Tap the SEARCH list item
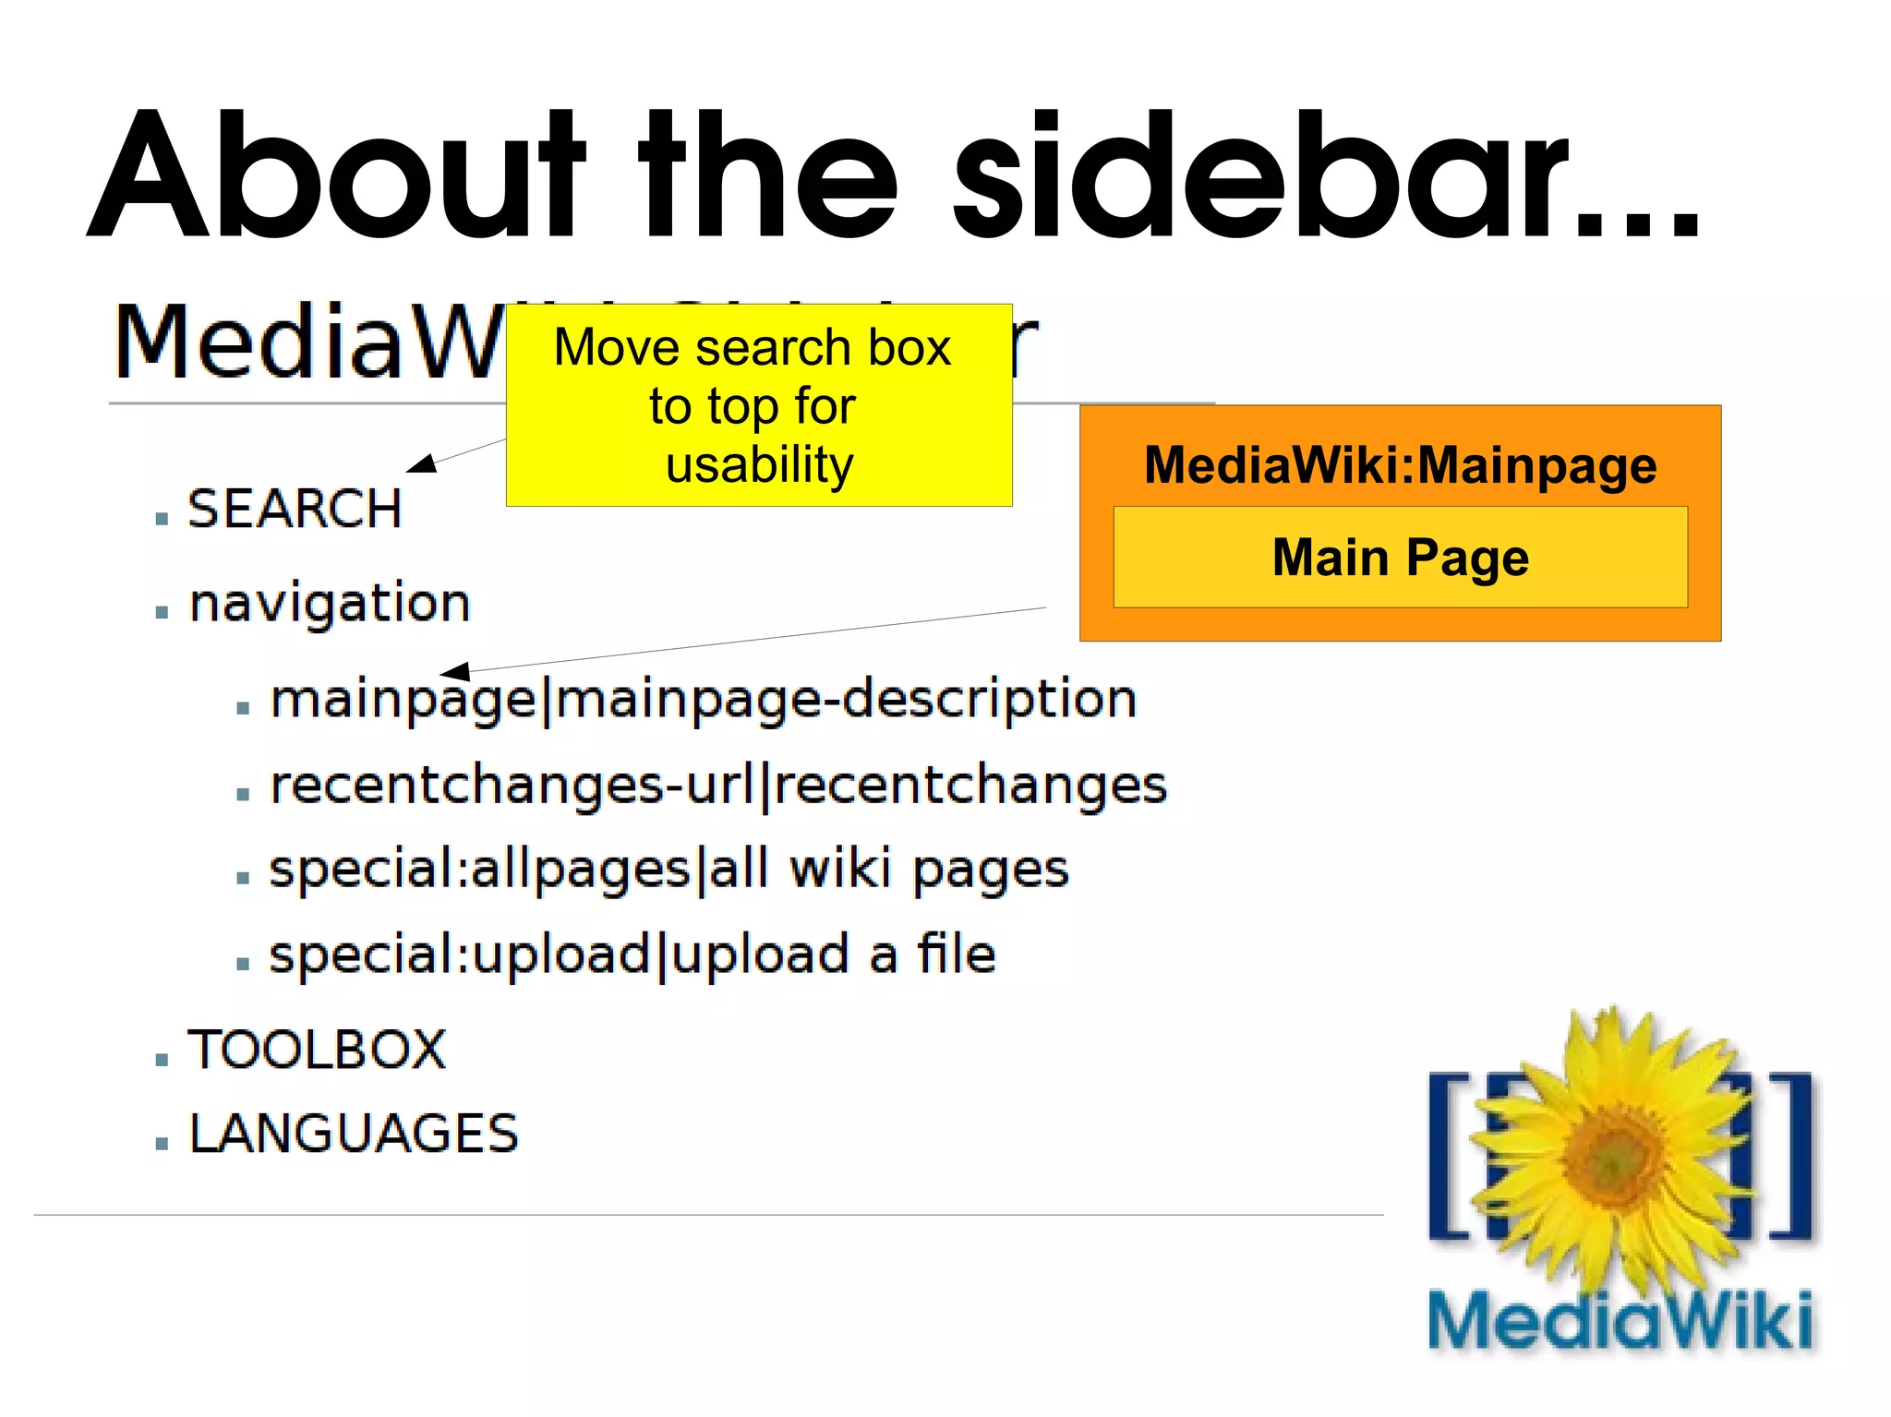tap(295, 509)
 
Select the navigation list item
tap(330, 604)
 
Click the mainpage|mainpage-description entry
tap(703, 699)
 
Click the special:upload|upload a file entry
tap(632, 955)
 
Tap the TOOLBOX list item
tap(317, 1050)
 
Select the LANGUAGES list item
tap(354, 1134)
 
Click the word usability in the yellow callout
tap(759, 464)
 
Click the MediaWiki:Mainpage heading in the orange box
tap(1400, 464)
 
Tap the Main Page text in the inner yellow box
tap(1400, 558)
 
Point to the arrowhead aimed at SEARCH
tap(423, 463)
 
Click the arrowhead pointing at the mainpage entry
tap(455, 671)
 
